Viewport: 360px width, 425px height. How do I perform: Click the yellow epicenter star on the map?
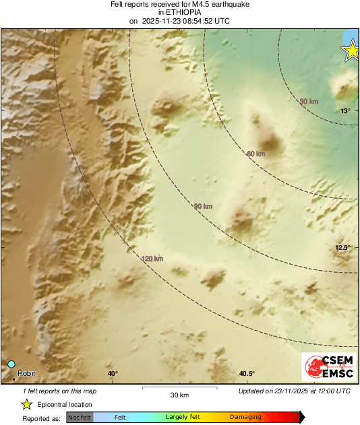[x=351, y=51]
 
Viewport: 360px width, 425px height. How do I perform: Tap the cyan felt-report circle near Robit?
[x=11, y=364]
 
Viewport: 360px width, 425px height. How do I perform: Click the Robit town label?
[x=26, y=373]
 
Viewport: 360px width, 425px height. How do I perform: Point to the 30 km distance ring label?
[x=308, y=101]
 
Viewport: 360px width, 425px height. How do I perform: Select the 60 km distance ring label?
[x=256, y=154]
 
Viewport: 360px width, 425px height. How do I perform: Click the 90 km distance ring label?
[x=203, y=206]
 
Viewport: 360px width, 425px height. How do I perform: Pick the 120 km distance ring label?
[x=153, y=259]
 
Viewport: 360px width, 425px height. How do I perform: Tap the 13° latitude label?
[x=344, y=110]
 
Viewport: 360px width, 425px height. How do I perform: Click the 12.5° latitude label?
[x=343, y=248]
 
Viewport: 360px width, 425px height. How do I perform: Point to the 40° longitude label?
[x=113, y=374]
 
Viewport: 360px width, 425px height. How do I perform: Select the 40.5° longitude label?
[x=246, y=374]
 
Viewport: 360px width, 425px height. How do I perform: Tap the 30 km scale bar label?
[x=179, y=394]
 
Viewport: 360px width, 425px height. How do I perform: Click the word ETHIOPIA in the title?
[x=180, y=12]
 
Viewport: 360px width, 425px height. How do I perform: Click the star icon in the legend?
[x=26, y=404]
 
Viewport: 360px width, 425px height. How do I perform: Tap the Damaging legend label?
[x=245, y=417]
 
